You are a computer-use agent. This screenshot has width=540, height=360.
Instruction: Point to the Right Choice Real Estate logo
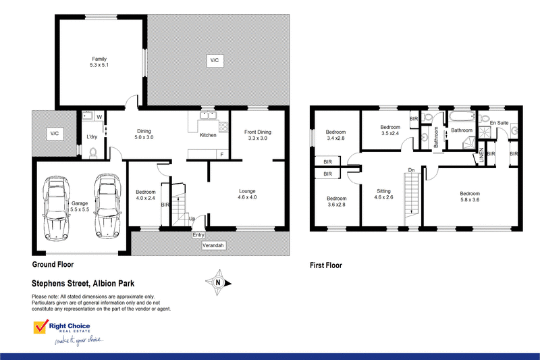tap(68, 332)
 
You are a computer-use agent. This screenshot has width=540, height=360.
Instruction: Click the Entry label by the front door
tap(198, 235)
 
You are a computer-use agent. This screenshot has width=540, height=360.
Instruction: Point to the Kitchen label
tap(208, 135)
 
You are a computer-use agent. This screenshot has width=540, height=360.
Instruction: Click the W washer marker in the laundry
tap(99, 117)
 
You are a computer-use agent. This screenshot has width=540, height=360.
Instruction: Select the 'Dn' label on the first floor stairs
tap(411, 170)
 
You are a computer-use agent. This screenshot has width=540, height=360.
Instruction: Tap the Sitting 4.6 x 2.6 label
tap(384, 195)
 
